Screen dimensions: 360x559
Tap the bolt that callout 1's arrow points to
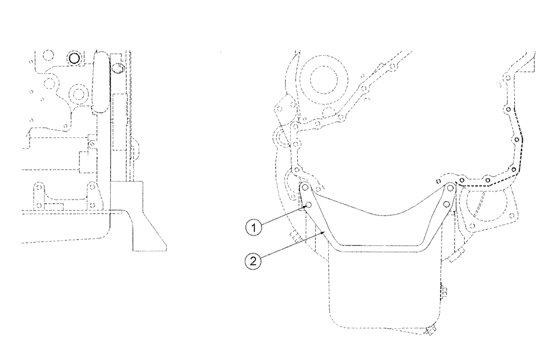coord(307,206)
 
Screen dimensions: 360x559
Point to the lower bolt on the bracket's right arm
coord(447,205)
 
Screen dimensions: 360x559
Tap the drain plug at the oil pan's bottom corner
coord(431,331)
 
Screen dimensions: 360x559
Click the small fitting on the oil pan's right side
coord(444,290)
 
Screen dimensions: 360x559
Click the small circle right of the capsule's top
coord(117,69)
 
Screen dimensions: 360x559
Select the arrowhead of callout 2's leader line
coord(326,230)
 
